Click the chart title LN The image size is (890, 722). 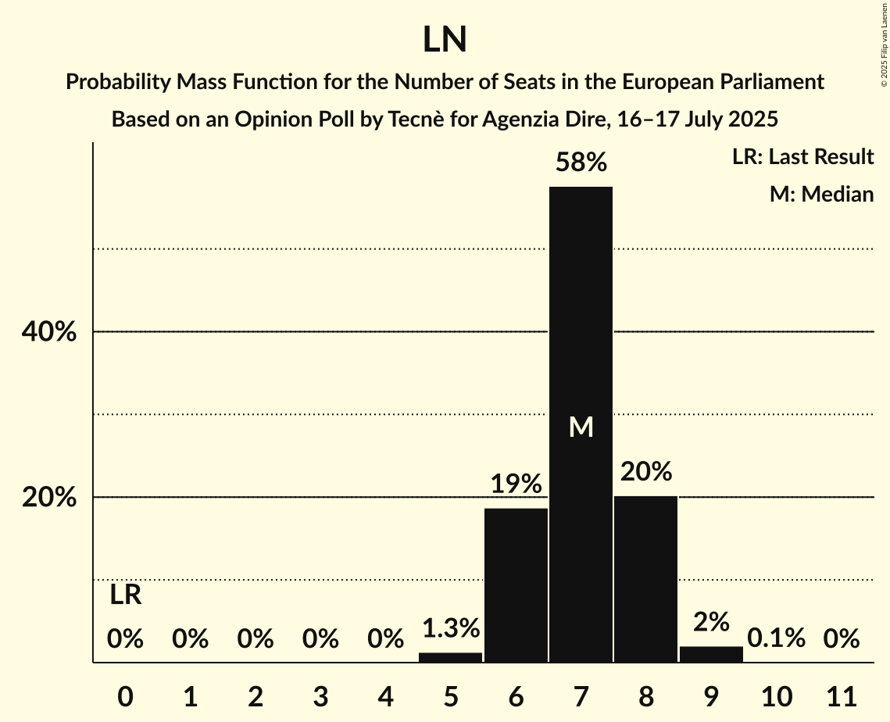[445, 40]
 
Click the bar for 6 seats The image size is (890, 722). [516, 585]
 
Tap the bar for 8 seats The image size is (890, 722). [645, 579]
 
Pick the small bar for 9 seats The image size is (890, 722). [711, 655]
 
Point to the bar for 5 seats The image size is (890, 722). [450, 657]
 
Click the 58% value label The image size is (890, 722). [581, 163]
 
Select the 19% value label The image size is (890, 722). [516, 484]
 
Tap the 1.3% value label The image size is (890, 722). [450, 627]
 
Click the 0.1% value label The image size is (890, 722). [776, 638]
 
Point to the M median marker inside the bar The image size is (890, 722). [581, 427]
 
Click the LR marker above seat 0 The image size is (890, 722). [125, 595]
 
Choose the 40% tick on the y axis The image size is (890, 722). [48, 332]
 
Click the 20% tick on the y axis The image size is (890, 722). [48, 498]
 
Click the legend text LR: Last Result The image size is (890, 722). [802, 157]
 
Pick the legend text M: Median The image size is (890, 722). [821, 194]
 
